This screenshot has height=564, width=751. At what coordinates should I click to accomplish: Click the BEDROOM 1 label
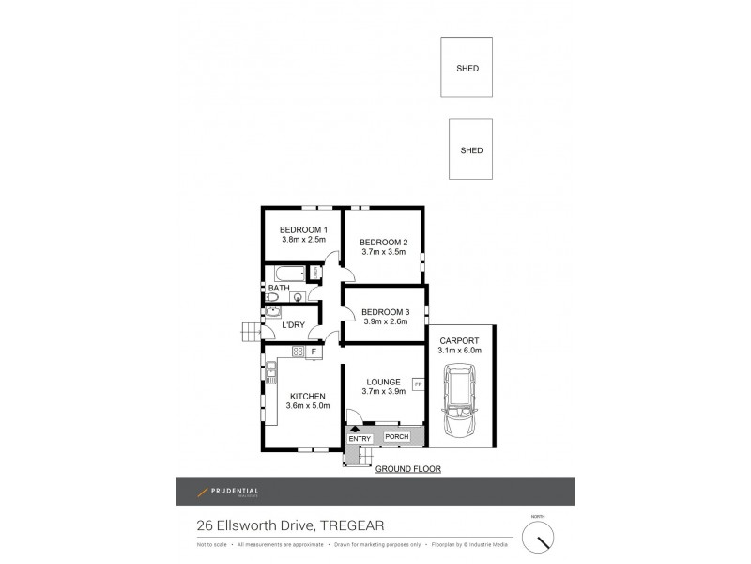pyautogui.click(x=303, y=230)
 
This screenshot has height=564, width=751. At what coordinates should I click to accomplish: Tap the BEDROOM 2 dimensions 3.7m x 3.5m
pyautogui.click(x=383, y=252)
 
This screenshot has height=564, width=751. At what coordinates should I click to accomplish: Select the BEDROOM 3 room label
pyautogui.click(x=386, y=312)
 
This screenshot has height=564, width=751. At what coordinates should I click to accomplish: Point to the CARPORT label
pyautogui.click(x=459, y=340)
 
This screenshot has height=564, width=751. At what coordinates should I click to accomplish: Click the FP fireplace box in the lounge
pyautogui.click(x=418, y=384)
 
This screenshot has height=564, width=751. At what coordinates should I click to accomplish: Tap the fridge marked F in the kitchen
pyautogui.click(x=314, y=352)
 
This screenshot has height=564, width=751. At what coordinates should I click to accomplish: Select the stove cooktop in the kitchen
pyautogui.click(x=299, y=352)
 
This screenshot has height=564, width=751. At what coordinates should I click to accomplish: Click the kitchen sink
pyautogui.click(x=270, y=374)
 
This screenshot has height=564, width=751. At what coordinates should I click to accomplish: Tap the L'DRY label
pyautogui.click(x=294, y=325)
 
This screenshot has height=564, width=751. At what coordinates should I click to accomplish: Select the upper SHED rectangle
pyautogui.click(x=467, y=67)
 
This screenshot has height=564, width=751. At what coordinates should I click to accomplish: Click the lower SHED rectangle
pyautogui.click(x=471, y=149)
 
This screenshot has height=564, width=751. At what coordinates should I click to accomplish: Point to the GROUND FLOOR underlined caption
pyautogui.click(x=408, y=468)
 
